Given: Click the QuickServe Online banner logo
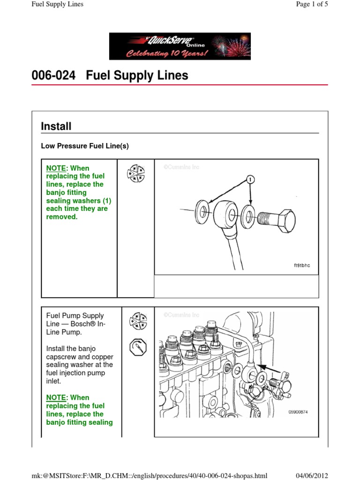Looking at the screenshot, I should click(x=180, y=46).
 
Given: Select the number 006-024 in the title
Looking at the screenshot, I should click(x=53, y=75).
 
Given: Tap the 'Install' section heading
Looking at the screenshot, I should click(x=56, y=126).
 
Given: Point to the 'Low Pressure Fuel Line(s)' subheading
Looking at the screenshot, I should click(x=85, y=146).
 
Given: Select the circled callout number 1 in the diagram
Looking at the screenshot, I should click(x=251, y=179).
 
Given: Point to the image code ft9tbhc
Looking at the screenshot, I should click(x=301, y=265).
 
